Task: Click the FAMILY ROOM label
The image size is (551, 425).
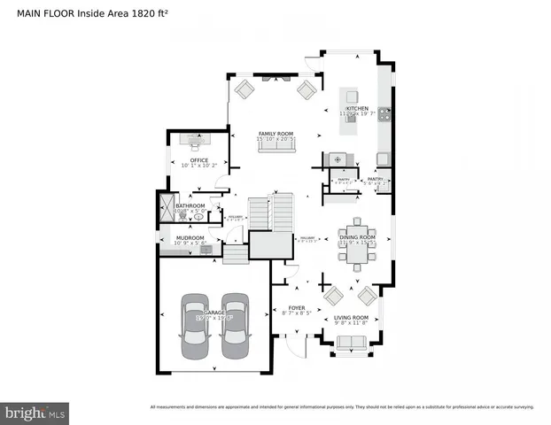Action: [275, 134]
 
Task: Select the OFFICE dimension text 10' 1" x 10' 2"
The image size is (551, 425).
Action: [192, 166]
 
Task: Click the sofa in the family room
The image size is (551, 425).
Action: [275, 146]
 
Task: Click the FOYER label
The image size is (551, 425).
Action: [296, 307]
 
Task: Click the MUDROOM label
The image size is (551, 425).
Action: [190, 237]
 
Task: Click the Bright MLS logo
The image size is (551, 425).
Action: [35, 413]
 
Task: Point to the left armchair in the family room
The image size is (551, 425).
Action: [244, 89]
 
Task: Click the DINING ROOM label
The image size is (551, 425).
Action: [357, 237]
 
